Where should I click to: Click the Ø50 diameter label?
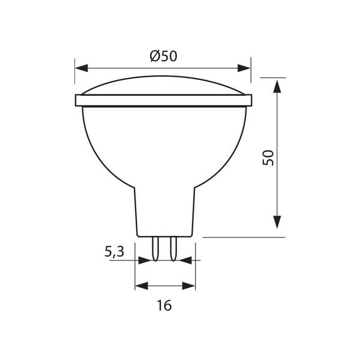pyautogui.click(x=163, y=56)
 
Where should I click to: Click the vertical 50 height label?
pyautogui.click(x=268, y=158)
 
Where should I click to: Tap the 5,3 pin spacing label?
pyautogui.click(x=115, y=251)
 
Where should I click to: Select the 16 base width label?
pyautogui.click(x=164, y=305)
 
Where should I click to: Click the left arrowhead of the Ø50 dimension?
pyautogui.click(x=82, y=68)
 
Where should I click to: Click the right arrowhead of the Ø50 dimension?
pyautogui.click(x=244, y=68)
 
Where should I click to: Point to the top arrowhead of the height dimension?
pyautogui.click(x=277, y=86)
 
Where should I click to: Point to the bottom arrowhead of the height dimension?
pyautogui.click(x=277, y=222)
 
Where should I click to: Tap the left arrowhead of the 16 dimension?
pyautogui.click(x=142, y=286)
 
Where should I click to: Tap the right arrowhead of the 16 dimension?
pyautogui.click(x=188, y=286)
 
